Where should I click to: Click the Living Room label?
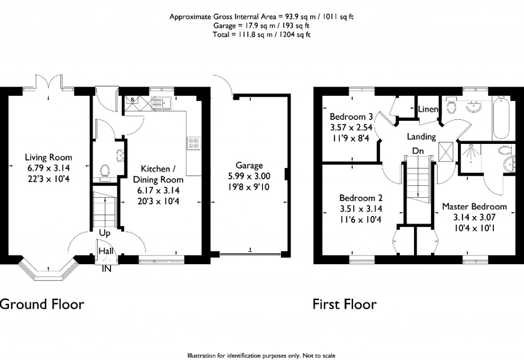(50, 158)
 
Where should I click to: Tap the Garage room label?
(249, 165)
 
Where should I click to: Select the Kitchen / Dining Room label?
(158, 174)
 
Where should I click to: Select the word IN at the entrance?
(107, 268)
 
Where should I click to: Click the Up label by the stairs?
(105, 232)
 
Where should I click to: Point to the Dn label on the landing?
(418, 151)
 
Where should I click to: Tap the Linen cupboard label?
(427, 110)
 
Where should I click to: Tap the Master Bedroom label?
(474, 206)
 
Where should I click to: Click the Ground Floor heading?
(42, 304)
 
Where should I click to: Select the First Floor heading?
(344, 304)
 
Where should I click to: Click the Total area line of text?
(261, 35)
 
